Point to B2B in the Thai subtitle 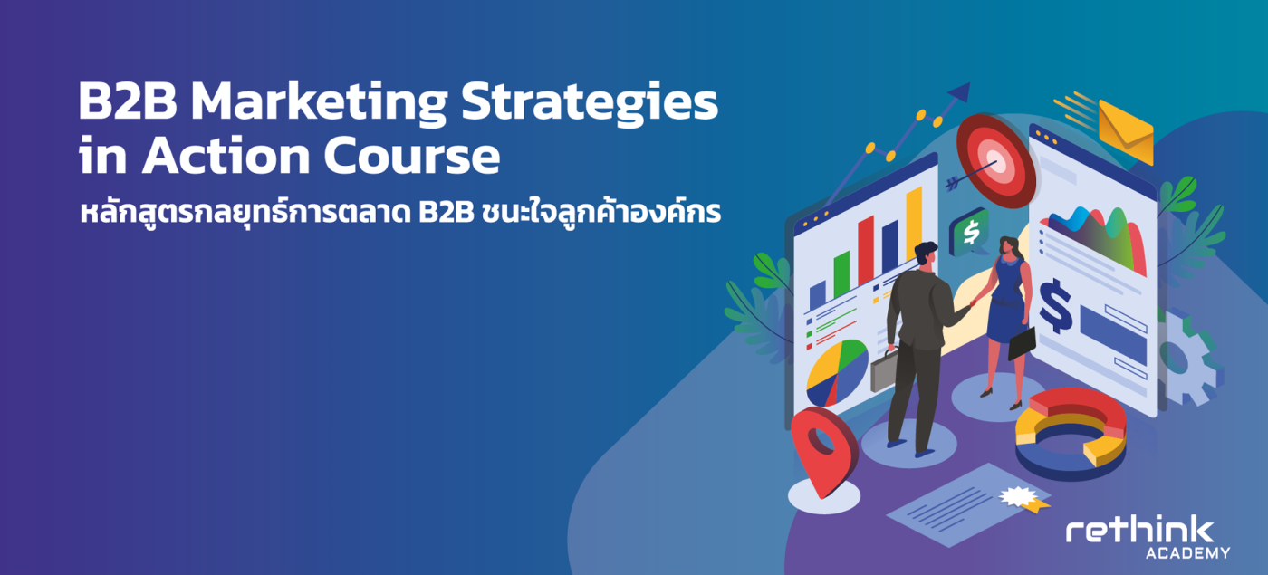tap(446, 214)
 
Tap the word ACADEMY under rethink tap(1187, 553)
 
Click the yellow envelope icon tap(1125, 132)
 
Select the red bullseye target tap(996, 161)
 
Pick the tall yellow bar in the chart tap(914, 225)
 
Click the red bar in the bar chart tap(866, 250)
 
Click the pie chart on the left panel tap(837, 373)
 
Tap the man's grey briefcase tap(883, 369)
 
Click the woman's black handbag tap(1022, 343)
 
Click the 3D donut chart tap(1071, 434)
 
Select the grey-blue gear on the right tap(1185, 358)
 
